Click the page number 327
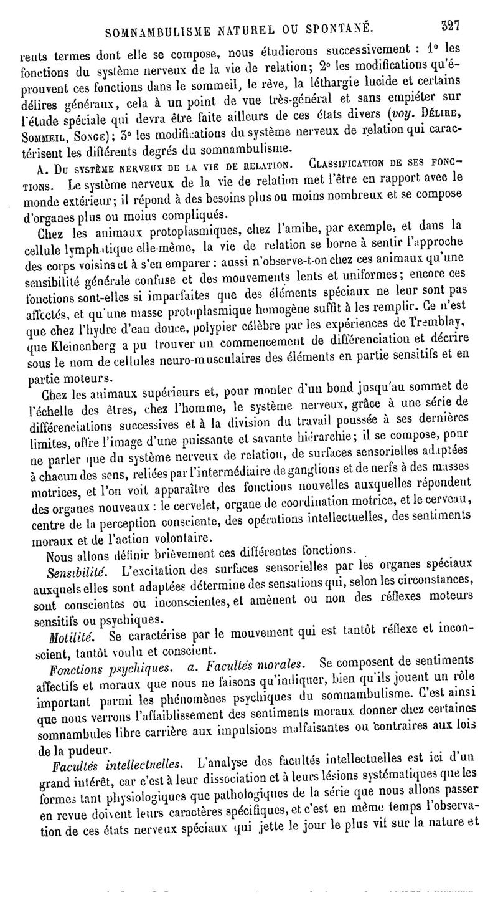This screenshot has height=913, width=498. (x=449, y=27)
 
